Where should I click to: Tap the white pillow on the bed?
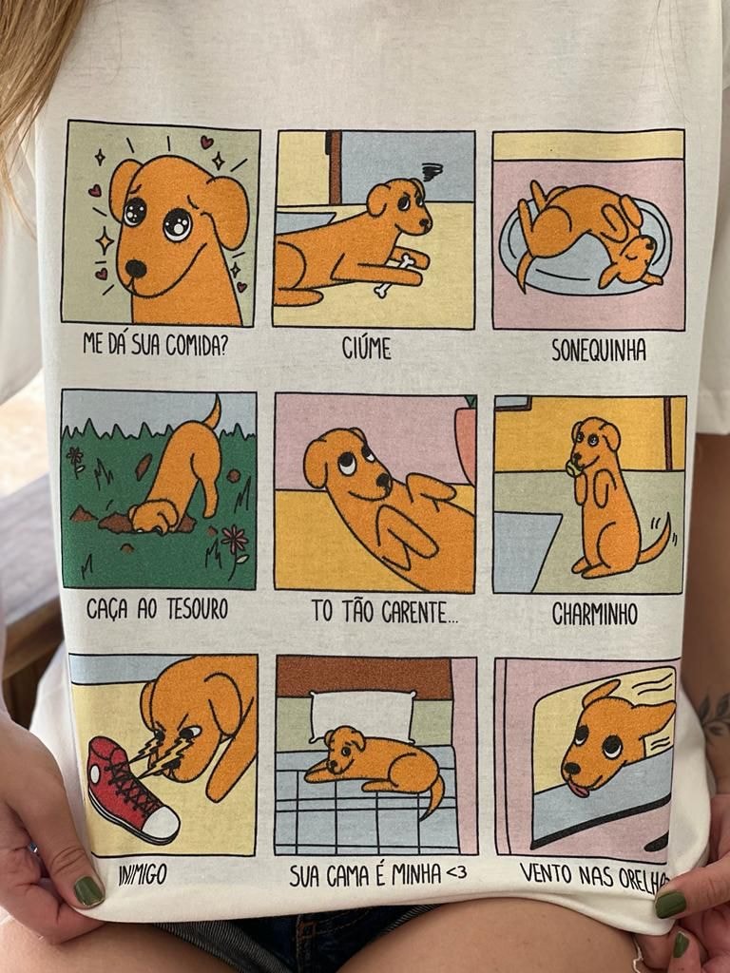coord(362,715)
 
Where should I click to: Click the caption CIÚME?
coord(366,349)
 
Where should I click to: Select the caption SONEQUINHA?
coord(599,350)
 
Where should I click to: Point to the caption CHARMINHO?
coord(595,615)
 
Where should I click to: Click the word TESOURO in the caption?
coord(197,609)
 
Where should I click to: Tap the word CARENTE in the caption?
coord(419,613)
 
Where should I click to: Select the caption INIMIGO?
coord(143,875)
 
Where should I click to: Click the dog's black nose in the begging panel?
coord(135,268)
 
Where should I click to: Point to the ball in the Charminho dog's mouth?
coord(571,468)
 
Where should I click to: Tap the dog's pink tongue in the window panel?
coord(579,790)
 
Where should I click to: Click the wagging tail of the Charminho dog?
coord(656,541)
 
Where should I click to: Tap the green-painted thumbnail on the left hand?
coord(88,891)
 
